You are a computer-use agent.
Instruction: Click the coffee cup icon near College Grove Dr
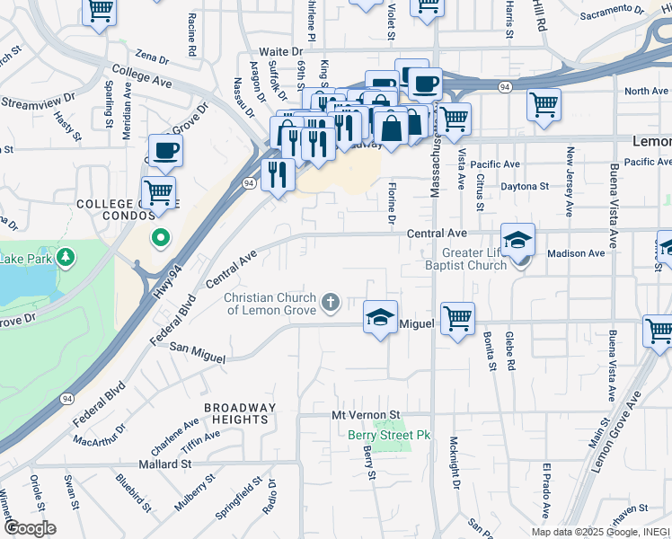(165, 150)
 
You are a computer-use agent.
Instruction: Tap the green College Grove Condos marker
(160, 238)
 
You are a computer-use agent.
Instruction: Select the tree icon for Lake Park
(66, 259)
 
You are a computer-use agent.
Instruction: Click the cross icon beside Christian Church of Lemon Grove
(331, 301)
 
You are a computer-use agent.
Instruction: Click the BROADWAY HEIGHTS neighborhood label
(239, 414)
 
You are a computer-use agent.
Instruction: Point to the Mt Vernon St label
(365, 416)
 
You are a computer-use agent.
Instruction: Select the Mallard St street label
(165, 464)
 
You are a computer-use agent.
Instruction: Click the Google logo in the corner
(29, 528)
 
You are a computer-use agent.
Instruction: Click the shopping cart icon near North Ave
(544, 105)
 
